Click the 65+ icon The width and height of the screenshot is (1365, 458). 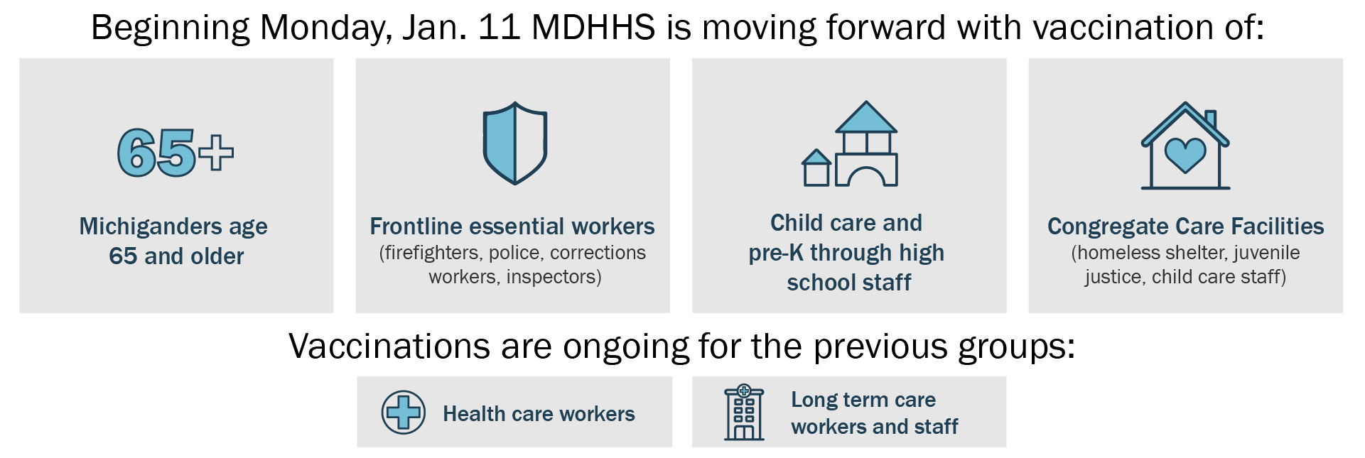176,152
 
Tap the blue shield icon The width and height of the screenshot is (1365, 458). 515,143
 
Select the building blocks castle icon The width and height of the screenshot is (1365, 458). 850,143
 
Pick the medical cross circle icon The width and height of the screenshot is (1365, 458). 404,412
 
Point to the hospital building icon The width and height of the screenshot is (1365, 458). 744,413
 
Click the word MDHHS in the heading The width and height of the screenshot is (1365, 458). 593,28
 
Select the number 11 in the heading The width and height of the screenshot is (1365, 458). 500,28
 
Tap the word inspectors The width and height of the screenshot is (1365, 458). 551,277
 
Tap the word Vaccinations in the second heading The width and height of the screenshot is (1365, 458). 390,347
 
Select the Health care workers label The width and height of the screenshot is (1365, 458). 539,413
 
